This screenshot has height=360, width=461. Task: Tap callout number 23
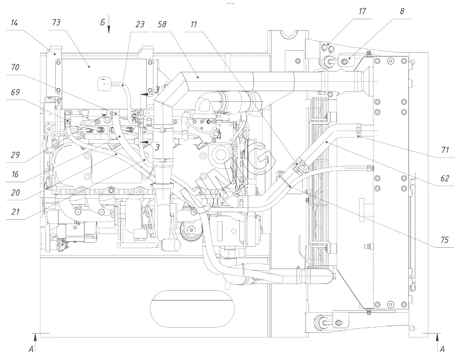(140, 25)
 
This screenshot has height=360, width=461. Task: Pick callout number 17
(362, 11)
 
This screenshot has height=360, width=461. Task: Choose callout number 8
(402, 12)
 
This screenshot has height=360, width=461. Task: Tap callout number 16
(15, 174)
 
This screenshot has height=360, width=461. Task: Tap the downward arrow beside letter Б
(109, 28)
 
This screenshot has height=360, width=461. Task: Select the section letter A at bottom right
(442, 349)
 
